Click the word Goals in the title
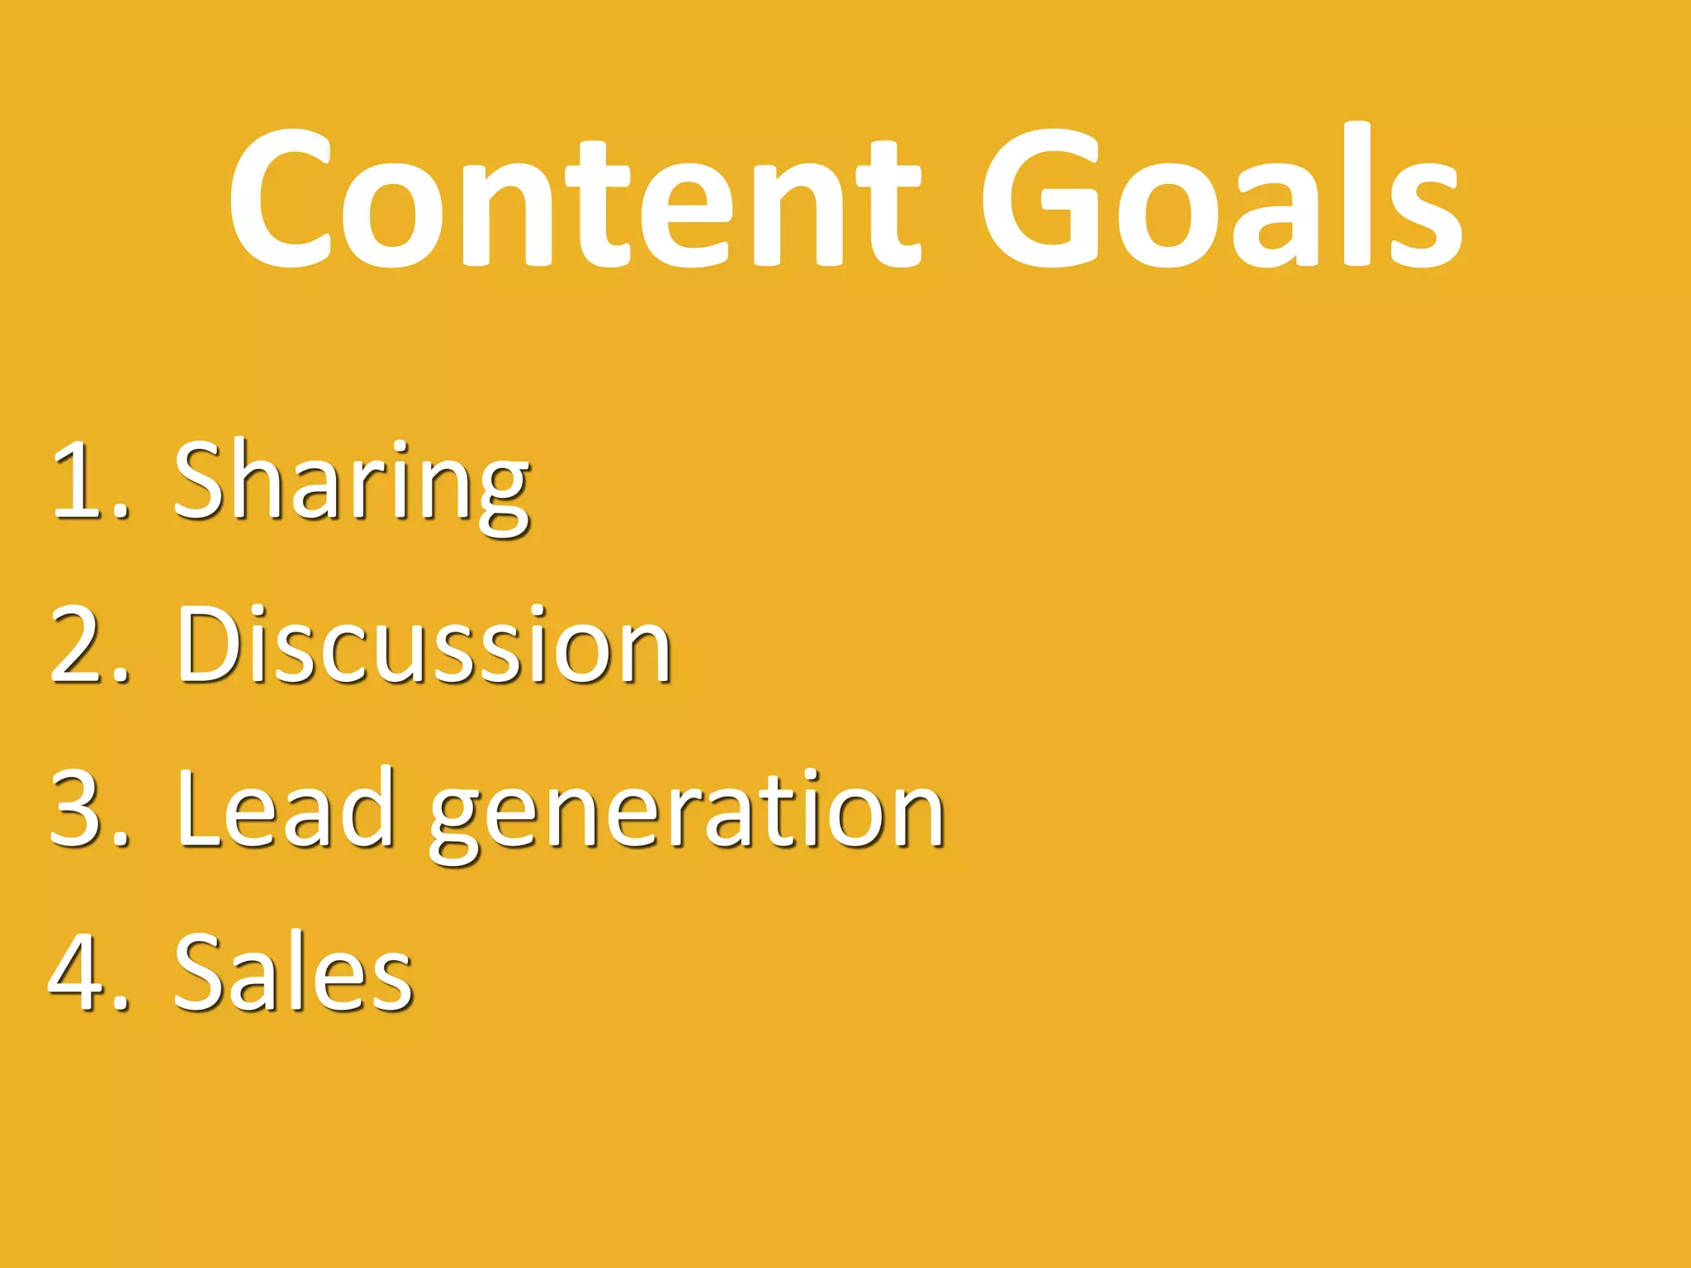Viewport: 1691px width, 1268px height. coord(1220,198)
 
